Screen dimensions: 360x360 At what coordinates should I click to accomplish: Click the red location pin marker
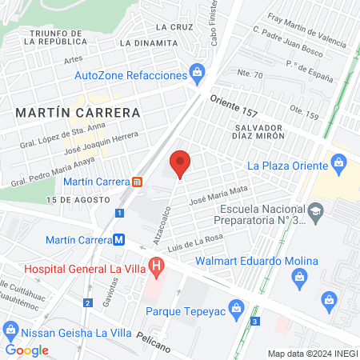tap(180, 163)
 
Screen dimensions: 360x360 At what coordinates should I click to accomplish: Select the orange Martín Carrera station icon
tap(138, 182)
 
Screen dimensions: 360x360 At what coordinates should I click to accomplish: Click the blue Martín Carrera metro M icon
tap(118, 239)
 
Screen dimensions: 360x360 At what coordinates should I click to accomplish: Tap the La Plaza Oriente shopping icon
tap(338, 166)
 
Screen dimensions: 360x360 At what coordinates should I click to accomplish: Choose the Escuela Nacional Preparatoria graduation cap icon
tap(317, 212)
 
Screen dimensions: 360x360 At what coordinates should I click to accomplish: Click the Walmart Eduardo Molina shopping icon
tap(301, 277)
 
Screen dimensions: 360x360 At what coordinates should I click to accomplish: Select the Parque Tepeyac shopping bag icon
tap(236, 307)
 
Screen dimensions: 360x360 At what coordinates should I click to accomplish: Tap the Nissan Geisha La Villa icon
tap(11, 330)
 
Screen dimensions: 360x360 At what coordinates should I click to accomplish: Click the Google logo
tap(26, 350)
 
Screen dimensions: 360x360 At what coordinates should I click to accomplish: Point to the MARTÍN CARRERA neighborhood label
tap(78, 113)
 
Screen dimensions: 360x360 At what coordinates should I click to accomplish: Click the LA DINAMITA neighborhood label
tap(148, 42)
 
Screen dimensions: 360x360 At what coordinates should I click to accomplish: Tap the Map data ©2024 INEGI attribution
tap(310, 353)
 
